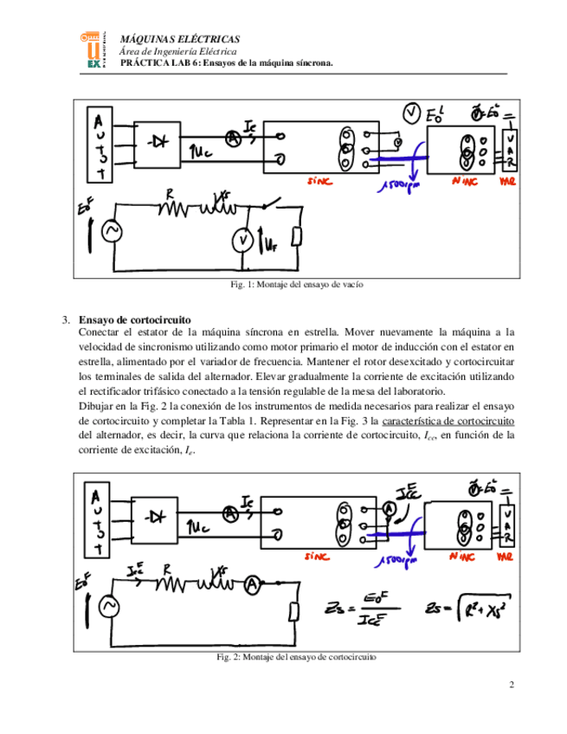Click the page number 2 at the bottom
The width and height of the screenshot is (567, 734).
point(512,686)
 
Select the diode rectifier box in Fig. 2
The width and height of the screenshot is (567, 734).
point(157,517)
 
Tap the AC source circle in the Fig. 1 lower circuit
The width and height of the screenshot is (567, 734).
point(111,231)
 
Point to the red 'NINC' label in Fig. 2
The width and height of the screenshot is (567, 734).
point(466,558)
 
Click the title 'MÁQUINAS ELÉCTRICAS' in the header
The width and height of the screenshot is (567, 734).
point(179,40)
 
